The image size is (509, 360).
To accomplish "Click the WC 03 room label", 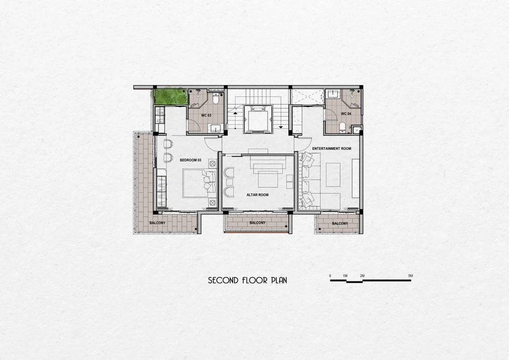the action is [206, 115].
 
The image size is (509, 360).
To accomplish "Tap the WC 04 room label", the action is [346, 114].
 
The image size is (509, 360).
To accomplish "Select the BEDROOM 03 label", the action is [190, 160].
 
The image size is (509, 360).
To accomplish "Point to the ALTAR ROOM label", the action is [258, 195].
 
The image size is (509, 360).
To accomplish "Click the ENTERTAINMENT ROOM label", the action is [331, 149].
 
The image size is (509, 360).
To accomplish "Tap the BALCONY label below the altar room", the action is [258, 223].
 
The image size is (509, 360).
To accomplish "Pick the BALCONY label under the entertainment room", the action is [340, 224].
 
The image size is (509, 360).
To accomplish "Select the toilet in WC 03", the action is [215, 99].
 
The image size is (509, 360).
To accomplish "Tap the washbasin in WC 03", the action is [214, 128].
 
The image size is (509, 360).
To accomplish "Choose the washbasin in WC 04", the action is [332, 94].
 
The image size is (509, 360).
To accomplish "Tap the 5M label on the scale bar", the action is [411, 276].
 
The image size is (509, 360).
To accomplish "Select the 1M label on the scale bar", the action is [345, 276].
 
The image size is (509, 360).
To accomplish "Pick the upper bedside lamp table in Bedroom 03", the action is [213, 163].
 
